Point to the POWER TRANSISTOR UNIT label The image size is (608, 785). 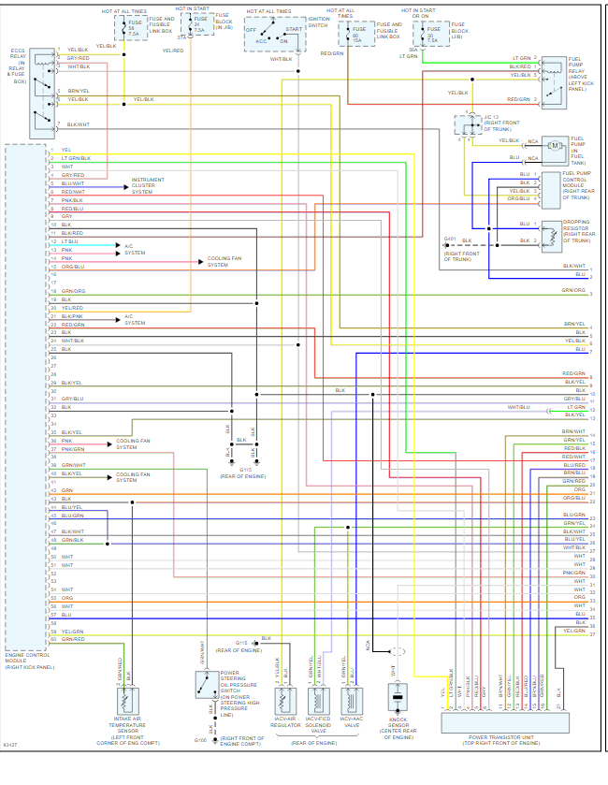pyautogui.click(x=501, y=739)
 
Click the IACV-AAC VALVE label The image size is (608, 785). pyautogui.click(x=351, y=724)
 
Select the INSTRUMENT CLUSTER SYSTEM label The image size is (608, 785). pyautogui.click(x=148, y=185)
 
